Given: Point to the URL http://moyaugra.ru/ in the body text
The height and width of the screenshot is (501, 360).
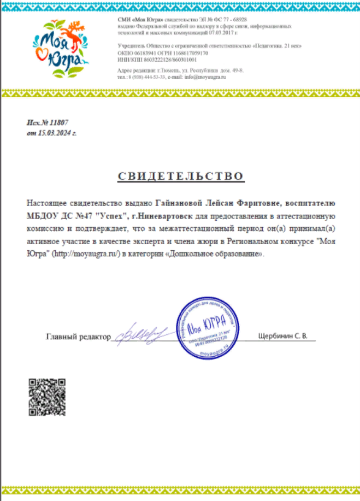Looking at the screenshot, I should [x=86, y=254].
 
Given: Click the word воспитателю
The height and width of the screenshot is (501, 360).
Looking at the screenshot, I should [x=313, y=205].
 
